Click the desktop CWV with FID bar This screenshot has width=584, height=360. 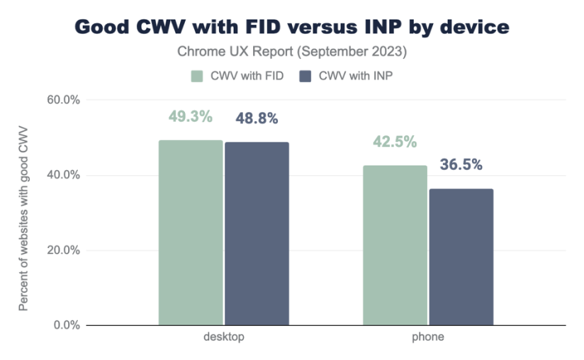[x=190, y=233]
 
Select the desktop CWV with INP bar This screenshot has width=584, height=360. [x=257, y=234]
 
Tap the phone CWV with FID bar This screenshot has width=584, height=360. [x=395, y=245]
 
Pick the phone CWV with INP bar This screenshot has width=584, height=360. [x=462, y=257]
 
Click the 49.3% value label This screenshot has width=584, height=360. [x=190, y=117]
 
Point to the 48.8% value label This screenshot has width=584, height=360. [x=257, y=119]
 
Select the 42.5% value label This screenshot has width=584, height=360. [x=395, y=142]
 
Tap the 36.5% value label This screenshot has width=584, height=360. [x=461, y=165]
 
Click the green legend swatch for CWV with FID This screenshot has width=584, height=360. [x=197, y=76]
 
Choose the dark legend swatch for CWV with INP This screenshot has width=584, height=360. [x=305, y=76]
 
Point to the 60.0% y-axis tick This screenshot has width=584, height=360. [x=63, y=100]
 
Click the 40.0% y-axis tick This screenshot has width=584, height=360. [x=63, y=175]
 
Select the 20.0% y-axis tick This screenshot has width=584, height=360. [x=63, y=250]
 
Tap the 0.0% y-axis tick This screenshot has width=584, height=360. [x=67, y=325]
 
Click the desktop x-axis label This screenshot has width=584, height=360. [x=224, y=337]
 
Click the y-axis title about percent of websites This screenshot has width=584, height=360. [x=23, y=218]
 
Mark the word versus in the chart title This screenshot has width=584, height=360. [x=322, y=27]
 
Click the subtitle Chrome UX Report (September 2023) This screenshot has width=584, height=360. [x=292, y=51]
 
